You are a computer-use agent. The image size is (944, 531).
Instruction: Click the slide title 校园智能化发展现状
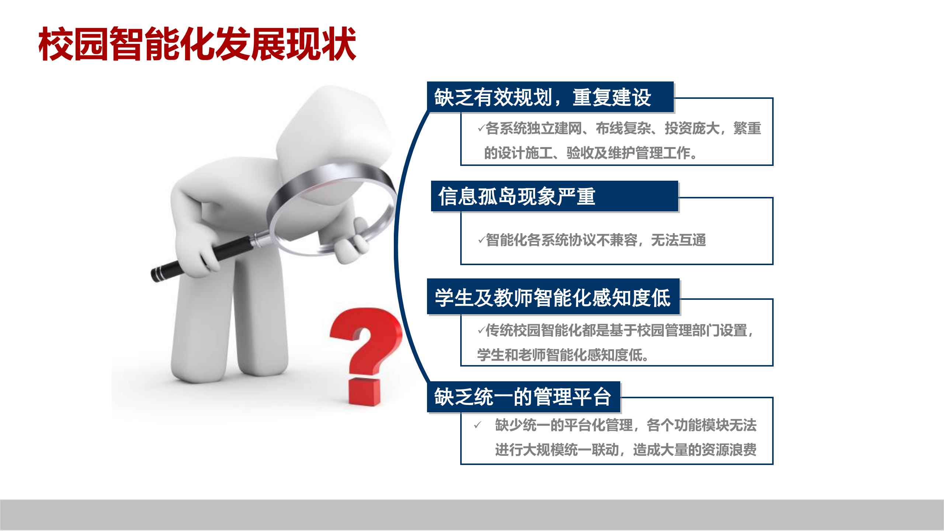pos(197,44)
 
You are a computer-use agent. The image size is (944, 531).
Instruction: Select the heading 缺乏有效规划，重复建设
pos(542,97)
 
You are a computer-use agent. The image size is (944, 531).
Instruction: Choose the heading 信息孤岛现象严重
pos(516,196)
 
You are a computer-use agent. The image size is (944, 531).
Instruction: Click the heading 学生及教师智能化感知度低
pos(552,297)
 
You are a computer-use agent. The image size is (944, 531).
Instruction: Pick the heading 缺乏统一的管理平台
pos(523,397)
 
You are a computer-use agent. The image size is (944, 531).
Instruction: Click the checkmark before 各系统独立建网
pos(481,128)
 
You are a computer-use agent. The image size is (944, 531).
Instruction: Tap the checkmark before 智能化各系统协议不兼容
pos(481,240)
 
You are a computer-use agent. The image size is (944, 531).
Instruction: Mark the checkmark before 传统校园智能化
pos(481,330)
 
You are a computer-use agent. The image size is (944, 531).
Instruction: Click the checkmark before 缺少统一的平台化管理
pos(478,425)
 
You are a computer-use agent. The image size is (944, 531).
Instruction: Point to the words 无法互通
pos(678,240)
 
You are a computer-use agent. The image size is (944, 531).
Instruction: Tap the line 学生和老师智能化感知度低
pos(562,355)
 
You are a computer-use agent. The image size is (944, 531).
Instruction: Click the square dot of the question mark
pos(364,392)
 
